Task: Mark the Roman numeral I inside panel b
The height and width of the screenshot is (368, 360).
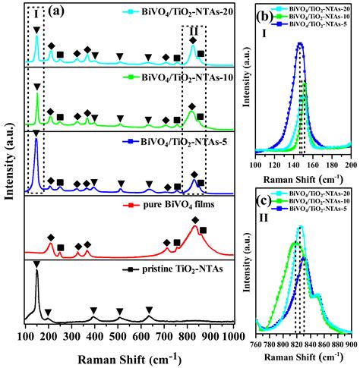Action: (263, 35)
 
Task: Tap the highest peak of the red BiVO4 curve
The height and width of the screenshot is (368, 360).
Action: (195, 226)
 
